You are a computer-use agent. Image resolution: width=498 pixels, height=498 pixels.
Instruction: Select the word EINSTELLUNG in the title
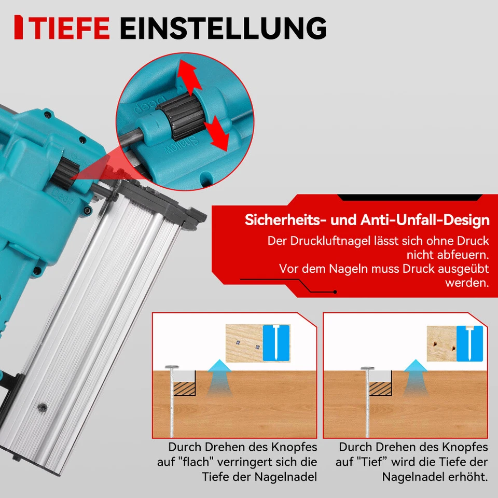223,28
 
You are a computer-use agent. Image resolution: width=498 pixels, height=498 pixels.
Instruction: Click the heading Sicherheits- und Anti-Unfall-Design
367,220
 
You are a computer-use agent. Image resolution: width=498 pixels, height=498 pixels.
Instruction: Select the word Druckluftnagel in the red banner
328,241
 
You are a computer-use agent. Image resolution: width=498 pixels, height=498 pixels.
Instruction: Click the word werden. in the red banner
467,283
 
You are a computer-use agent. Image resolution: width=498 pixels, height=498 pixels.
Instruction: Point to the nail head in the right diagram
368,369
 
